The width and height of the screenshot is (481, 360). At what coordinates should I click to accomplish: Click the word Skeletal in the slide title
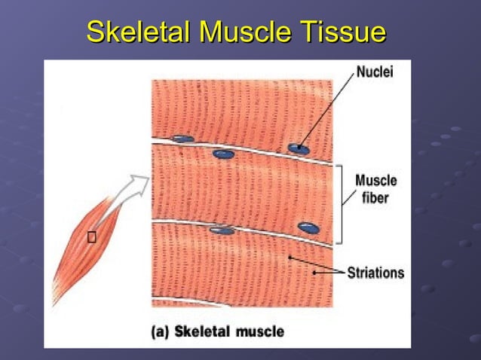point(138,32)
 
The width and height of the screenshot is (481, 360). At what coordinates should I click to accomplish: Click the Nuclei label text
point(374,73)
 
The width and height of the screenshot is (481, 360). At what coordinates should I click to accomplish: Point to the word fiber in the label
point(375,198)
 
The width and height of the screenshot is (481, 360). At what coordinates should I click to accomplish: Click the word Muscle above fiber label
point(375,182)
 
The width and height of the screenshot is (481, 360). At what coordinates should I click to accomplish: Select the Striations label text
point(375,273)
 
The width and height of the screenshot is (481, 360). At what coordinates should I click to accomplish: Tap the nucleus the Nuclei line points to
point(299,148)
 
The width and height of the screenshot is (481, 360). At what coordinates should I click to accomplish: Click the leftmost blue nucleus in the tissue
point(182,139)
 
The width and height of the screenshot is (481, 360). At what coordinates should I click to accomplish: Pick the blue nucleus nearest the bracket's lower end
point(309,227)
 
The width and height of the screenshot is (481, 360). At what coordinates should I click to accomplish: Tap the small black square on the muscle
point(91,239)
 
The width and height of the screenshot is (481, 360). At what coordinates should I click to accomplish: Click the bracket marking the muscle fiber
point(342,203)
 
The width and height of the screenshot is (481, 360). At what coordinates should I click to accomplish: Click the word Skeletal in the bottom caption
point(202,331)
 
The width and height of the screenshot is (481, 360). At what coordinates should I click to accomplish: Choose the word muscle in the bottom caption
point(259,331)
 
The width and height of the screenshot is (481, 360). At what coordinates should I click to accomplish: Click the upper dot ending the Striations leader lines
point(290,258)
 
